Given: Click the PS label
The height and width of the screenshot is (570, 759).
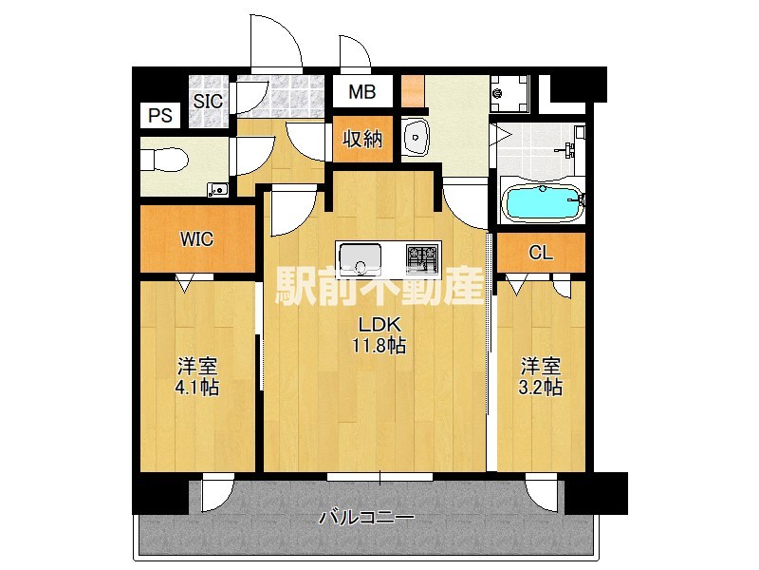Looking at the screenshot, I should pos(160,115).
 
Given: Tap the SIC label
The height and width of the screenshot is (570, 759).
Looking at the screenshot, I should pos(208,100).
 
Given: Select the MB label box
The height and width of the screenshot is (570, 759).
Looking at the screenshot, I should pos(361,93).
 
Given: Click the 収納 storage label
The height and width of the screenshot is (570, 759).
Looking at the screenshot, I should pos(361,139).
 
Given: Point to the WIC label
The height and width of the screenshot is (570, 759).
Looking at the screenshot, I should pos(197,239).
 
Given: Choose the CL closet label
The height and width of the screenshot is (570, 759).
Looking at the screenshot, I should pos(540,253).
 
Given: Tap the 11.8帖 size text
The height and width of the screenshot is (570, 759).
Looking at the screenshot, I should pos(379,345).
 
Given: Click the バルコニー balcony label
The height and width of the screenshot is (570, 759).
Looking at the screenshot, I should pos(365,519).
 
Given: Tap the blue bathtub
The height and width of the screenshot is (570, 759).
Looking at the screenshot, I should pos(542,201).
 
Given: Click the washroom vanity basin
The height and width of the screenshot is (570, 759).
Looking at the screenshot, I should pos(415,139).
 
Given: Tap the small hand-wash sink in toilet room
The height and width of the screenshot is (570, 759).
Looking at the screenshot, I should pos(220,189).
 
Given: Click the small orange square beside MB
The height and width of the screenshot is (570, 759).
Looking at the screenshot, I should pos(412,91).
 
